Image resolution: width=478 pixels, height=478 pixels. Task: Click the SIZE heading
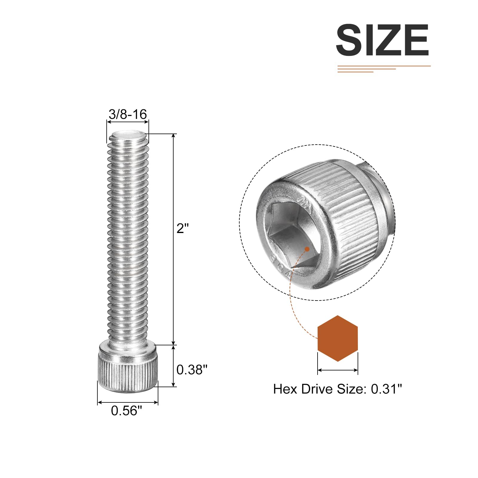tap(382, 40)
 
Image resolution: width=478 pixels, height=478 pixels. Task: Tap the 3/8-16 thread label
tap(128, 114)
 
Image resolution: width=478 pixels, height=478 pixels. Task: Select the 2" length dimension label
tap(183, 229)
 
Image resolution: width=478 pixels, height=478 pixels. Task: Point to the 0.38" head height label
tap(192, 370)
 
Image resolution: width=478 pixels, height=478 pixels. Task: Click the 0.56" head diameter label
tap(126, 411)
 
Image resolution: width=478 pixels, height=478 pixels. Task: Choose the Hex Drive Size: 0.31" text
tap(338, 389)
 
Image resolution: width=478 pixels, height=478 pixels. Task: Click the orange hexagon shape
tap(338, 338)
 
